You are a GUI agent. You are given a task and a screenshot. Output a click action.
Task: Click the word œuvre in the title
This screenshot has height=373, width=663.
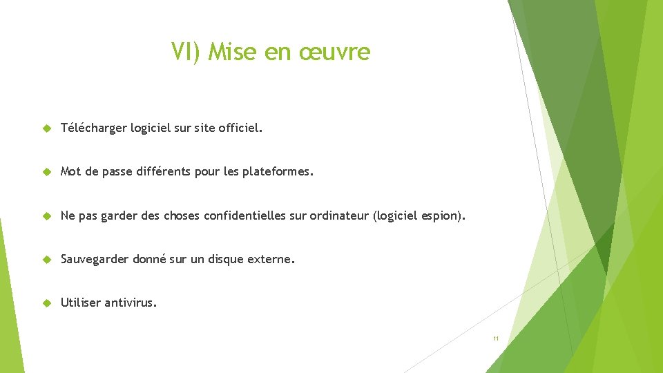pos(335,52)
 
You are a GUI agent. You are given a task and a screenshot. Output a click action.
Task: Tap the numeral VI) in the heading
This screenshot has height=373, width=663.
pos(186,52)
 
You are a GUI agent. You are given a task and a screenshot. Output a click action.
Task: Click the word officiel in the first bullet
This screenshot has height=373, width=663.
pos(239,128)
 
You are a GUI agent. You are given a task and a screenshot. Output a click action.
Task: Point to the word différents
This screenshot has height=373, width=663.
pos(164,171)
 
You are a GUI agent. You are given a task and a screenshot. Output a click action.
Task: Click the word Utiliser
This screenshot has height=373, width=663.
pos(81,303)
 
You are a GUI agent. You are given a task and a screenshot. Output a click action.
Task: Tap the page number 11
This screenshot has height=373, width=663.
pos(495,338)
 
